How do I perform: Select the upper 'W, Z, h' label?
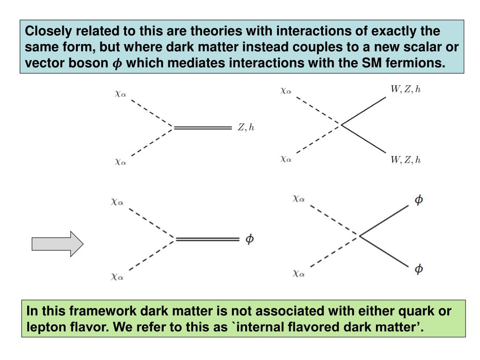[x=405, y=90]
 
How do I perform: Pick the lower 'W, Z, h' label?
[x=405, y=160]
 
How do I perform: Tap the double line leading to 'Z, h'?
[x=202, y=127]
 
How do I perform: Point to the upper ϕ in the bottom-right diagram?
[x=419, y=200]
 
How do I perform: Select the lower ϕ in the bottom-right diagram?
[x=419, y=269]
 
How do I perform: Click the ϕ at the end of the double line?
[x=250, y=239]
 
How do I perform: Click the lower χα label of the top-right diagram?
[x=286, y=159]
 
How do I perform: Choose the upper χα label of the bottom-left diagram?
[x=117, y=202]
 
